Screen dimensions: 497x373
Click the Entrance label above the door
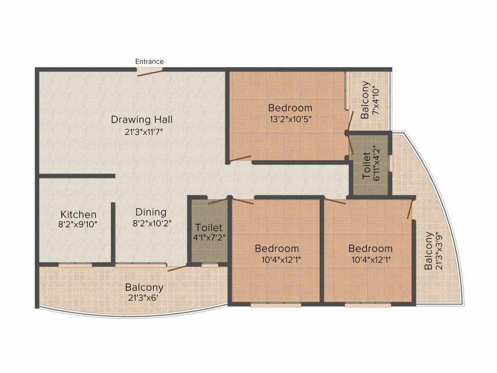click(x=149, y=62)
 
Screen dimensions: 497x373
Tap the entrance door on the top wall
click(x=149, y=72)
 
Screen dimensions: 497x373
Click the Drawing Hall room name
click(x=142, y=120)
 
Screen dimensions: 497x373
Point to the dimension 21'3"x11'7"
click(x=144, y=132)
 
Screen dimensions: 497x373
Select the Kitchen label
click(x=78, y=214)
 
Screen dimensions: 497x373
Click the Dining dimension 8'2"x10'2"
click(x=152, y=223)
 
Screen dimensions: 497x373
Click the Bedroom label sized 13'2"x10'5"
click(x=290, y=108)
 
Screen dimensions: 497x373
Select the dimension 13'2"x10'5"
click(x=291, y=119)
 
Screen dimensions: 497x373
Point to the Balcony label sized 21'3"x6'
click(x=144, y=288)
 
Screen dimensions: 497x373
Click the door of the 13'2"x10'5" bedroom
click(x=240, y=159)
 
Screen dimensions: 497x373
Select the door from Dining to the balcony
click(x=177, y=268)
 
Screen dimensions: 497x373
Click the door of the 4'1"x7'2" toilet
click(x=218, y=201)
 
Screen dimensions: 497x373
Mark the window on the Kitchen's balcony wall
click(x=75, y=265)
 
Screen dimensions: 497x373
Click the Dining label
click(x=151, y=212)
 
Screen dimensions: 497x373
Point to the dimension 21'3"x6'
click(x=143, y=298)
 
